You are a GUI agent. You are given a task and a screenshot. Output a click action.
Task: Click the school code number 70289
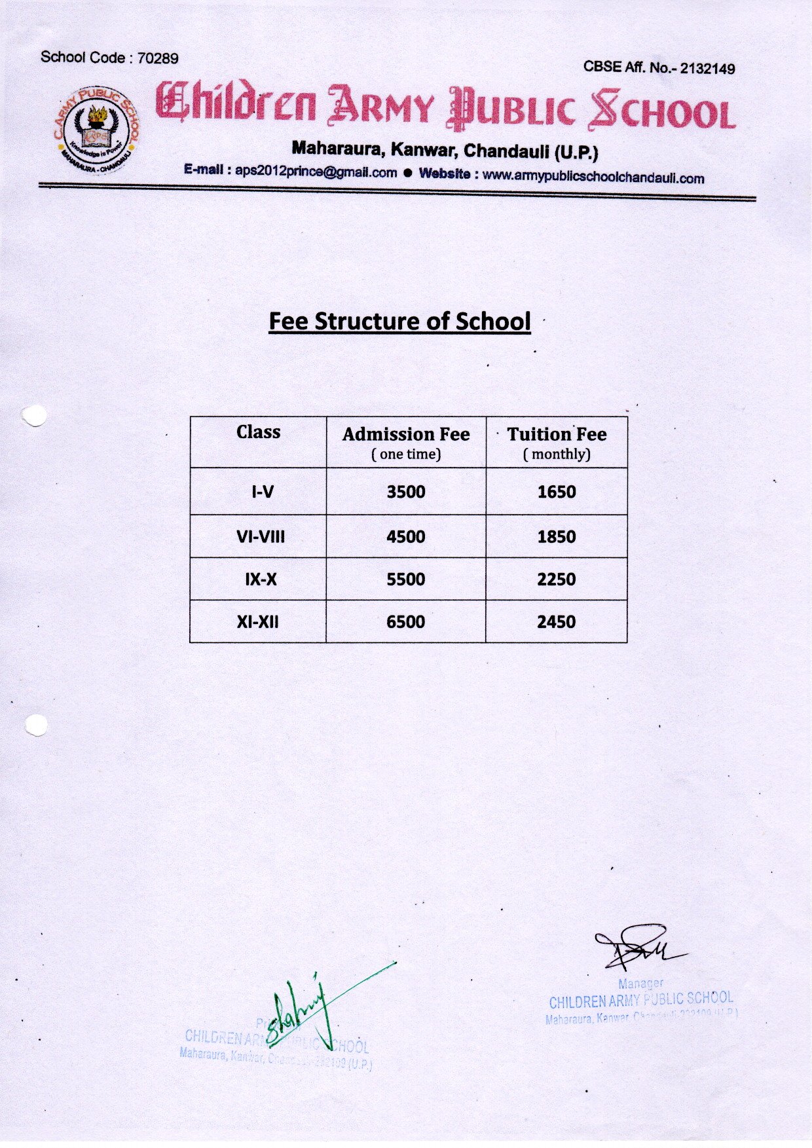(x=158, y=58)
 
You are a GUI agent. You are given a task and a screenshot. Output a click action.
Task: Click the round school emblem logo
(x=96, y=130)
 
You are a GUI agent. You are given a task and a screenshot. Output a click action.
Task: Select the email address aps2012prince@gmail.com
(x=316, y=172)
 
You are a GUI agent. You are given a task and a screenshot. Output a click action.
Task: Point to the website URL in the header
(x=593, y=177)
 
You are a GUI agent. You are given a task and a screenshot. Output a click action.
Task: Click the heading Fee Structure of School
(x=399, y=322)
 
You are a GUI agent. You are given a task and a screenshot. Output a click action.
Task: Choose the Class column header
(x=258, y=432)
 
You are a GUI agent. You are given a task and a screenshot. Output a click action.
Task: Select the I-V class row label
(x=263, y=492)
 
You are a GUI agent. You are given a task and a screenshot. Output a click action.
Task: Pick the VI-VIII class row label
(x=261, y=537)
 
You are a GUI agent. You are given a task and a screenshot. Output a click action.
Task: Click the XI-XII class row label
(x=257, y=621)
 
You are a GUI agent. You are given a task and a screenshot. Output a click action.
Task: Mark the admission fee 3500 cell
(x=406, y=492)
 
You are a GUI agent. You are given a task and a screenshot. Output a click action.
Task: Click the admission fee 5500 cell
(x=406, y=580)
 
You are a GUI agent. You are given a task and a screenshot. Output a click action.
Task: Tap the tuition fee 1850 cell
(x=557, y=537)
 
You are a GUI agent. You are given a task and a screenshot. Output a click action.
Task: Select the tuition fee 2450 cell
(x=557, y=621)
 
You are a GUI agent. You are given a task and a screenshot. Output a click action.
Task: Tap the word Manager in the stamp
(x=640, y=984)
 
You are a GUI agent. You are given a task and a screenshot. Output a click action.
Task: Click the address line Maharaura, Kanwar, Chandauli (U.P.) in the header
(x=445, y=150)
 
